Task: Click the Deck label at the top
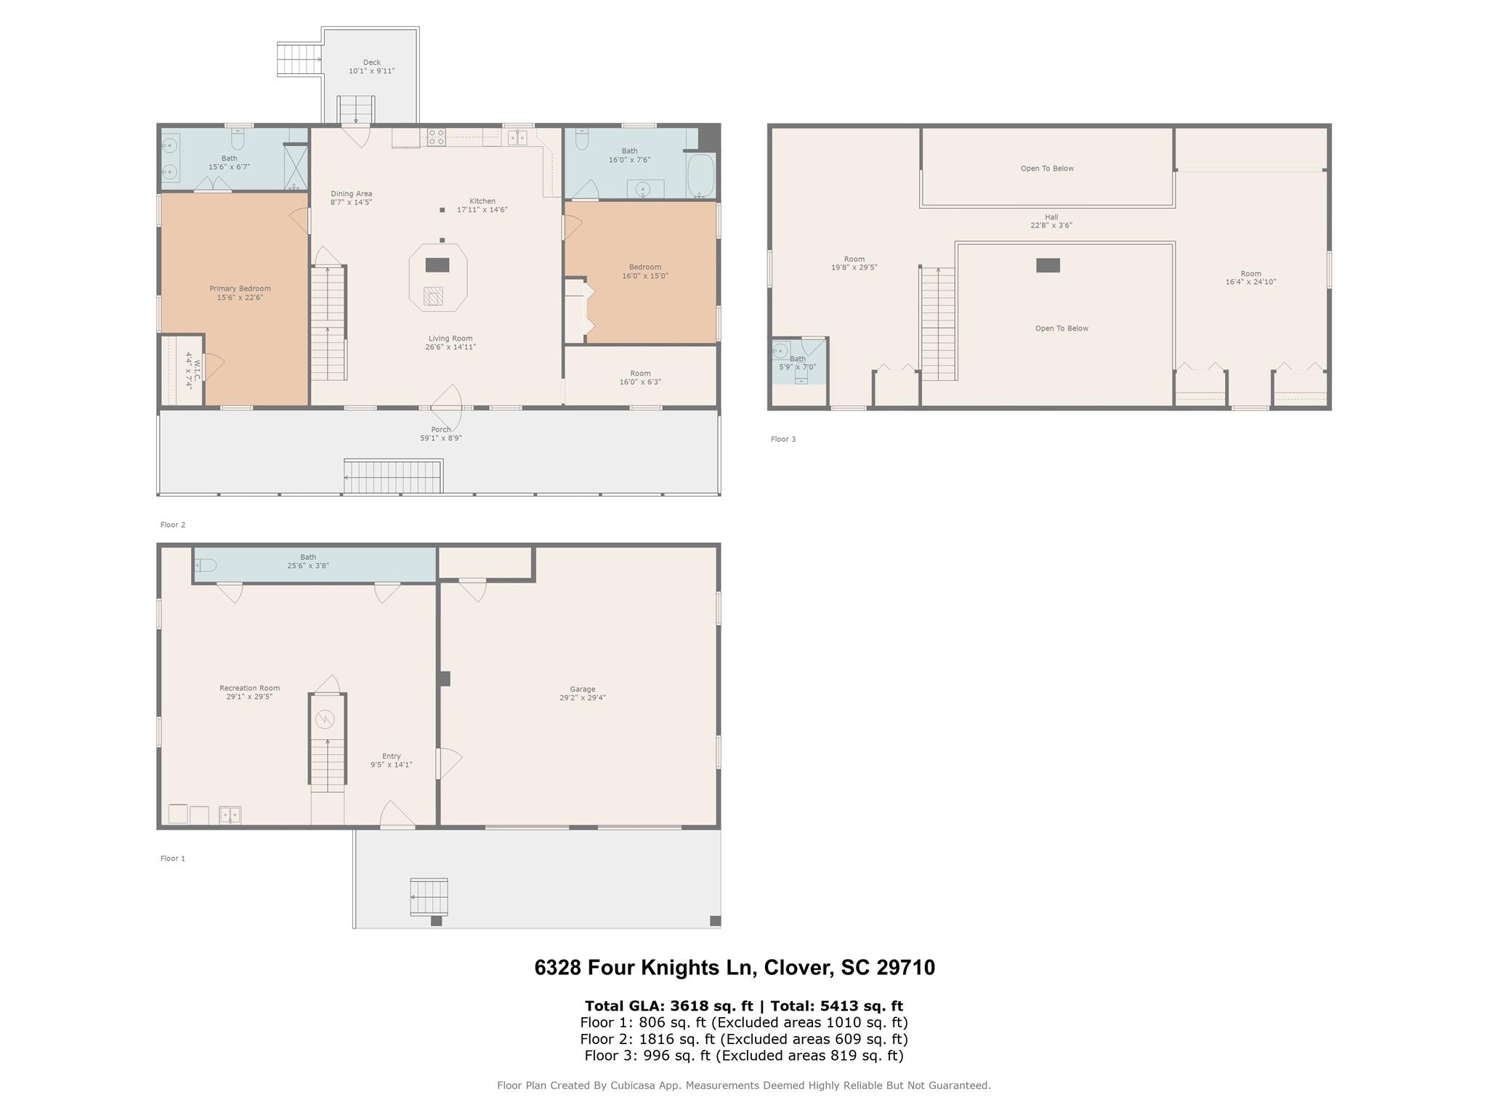pos(371,67)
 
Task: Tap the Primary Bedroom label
pos(240,293)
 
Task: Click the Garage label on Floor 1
pos(582,693)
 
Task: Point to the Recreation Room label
pos(249,692)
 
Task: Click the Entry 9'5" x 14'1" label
pos(391,760)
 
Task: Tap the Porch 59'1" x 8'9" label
pos(440,434)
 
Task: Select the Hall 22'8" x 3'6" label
pos(1051,221)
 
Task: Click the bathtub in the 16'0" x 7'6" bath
pos(700,175)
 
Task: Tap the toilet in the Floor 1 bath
pos(206,565)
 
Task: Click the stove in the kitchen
pos(436,137)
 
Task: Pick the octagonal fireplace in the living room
pos(437,277)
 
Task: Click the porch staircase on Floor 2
pos(392,477)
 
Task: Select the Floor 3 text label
pos(783,439)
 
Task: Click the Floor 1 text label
pos(172,858)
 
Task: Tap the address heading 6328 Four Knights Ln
pos(734,967)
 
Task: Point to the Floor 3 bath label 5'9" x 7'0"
pos(797,363)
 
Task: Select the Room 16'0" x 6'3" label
pos(640,378)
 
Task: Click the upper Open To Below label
pos(1046,169)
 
